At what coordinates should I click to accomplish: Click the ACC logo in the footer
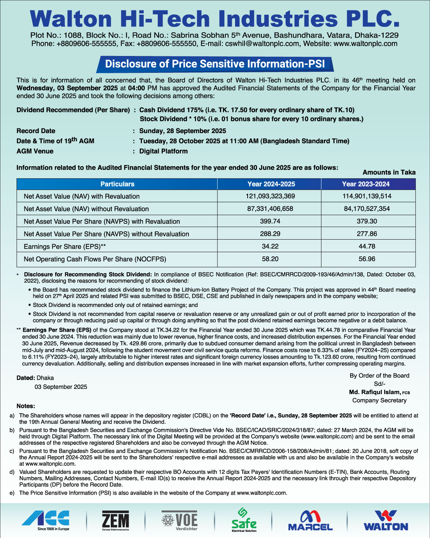45,520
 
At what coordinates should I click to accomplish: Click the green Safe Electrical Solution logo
244,520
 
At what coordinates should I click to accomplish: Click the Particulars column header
117,184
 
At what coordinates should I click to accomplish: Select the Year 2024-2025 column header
271,184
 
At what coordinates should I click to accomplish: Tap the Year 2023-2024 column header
365,184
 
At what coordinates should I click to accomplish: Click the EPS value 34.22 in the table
270,246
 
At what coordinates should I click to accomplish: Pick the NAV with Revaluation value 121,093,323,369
270,196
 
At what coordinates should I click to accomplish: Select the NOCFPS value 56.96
367,259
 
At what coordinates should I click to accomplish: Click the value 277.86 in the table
367,234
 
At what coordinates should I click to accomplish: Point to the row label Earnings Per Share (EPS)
65,247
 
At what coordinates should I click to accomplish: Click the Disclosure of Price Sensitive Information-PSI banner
215,64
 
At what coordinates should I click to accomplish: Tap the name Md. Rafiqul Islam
374,392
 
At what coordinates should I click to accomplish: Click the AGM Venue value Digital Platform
163,151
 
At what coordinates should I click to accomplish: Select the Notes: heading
26,406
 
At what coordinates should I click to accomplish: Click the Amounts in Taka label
389,173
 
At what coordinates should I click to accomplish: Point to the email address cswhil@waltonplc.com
262,44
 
